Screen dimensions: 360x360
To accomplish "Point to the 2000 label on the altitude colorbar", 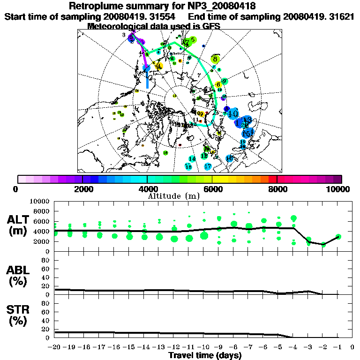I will (x=82, y=189).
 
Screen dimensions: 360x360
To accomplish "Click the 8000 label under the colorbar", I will (x=277, y=189).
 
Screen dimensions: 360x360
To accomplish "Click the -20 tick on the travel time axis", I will (x=54, y=347).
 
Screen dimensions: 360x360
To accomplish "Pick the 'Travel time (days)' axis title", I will (x=205, y=355).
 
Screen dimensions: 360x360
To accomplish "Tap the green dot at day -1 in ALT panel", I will (x=338, y=237).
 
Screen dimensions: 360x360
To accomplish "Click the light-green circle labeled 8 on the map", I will (x=215, y=59).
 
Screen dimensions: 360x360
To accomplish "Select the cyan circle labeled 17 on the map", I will (x=208, y=166).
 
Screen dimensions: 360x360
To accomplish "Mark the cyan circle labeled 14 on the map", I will (x=192, y=158).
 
